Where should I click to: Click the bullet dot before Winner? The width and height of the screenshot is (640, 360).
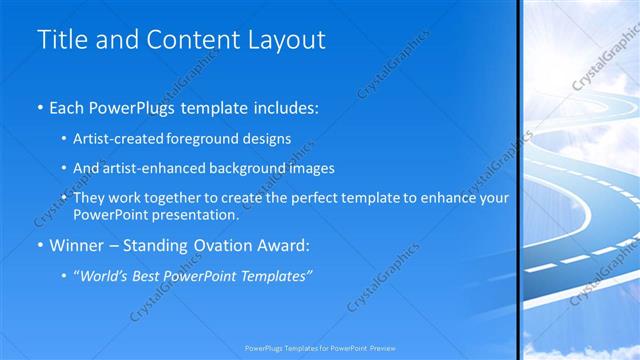point(40,245)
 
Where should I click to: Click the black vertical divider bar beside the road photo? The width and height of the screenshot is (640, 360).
point(519,180)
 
